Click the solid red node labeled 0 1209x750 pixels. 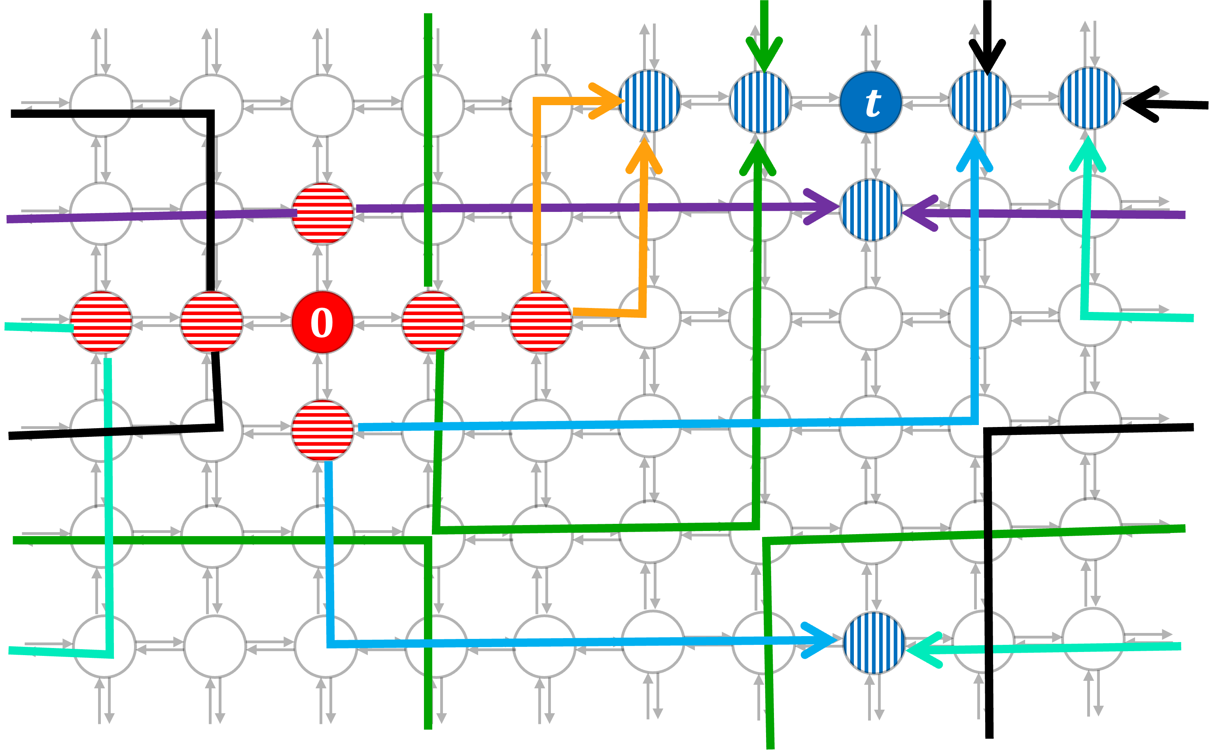[x=322, y=323]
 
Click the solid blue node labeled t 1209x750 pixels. [x=870, y=102]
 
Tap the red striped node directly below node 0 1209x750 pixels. [x=322, y=431]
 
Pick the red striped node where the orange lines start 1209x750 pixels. [x=541, y=323]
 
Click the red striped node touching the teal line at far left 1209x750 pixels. [x=101, y=323]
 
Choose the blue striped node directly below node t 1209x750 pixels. [x=870, y=210]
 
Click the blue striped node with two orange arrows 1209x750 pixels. [x=650, y=101]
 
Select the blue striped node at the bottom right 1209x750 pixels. [x=874, y=643]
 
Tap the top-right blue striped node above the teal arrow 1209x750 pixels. [x=1090, y=98]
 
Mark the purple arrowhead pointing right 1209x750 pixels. [x=823, y=207]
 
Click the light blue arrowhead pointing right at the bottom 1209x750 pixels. [x=821, y=640]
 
